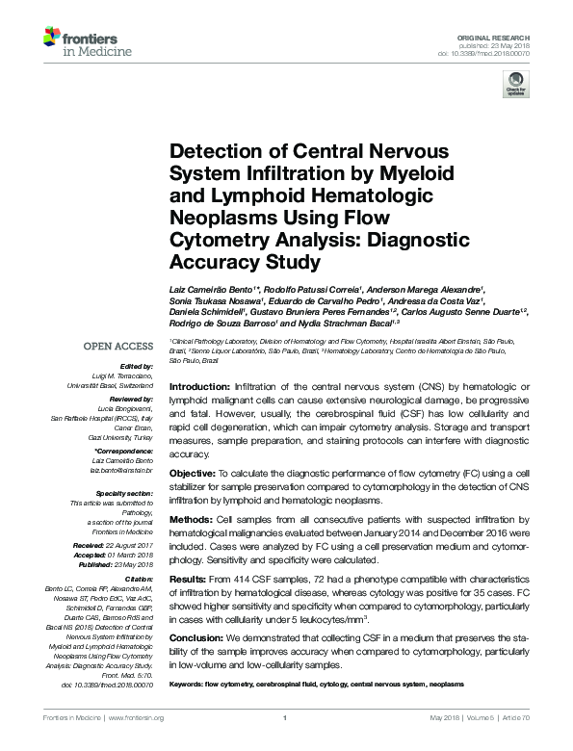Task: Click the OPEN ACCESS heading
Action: coord(117,347)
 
